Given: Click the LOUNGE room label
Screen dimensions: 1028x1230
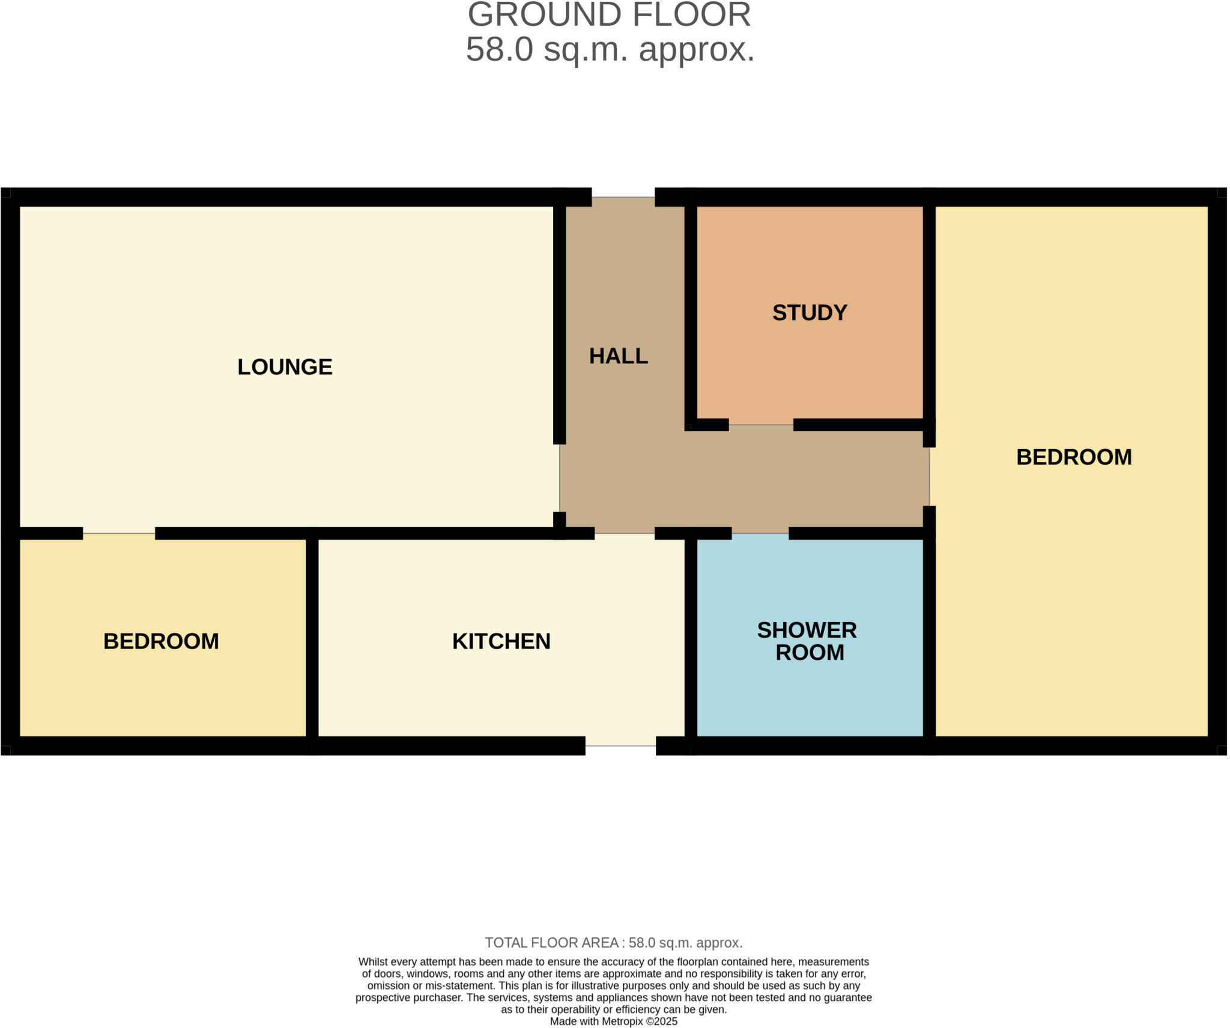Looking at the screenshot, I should [x=285, y=367].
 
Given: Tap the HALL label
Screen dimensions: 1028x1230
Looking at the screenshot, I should [x=618, y=356].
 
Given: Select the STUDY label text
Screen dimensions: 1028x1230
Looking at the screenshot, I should [x=809, y=313].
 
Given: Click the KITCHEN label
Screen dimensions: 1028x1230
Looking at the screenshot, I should [x=501, y=641].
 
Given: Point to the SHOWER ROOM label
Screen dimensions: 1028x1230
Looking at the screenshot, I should [x=807, y=641].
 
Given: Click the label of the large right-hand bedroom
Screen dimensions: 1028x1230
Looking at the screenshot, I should [x=1073, y=458].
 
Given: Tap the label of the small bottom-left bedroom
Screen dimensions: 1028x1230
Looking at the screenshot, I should [x=161, y=641].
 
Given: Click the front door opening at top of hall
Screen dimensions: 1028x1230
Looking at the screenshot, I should [x=623, y=198].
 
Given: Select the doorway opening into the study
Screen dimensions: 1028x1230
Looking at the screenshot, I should [x=760, y=425].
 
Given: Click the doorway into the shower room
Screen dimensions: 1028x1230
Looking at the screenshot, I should [x=760, y=533].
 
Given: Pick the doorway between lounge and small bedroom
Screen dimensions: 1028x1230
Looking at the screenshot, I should [x=119, y=533].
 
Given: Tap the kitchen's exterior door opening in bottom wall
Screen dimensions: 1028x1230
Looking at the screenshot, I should [x=620, y=745].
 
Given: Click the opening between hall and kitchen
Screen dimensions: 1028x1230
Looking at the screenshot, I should [x=624, y=533].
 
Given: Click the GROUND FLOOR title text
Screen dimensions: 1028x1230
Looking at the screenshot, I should [x=609, y=14].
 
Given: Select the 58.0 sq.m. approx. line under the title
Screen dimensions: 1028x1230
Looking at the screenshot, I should [x=610, y=49].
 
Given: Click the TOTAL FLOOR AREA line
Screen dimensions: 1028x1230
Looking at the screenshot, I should [x=613, y=943].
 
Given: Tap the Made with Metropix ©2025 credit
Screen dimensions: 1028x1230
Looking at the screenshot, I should [x=613, y=1021].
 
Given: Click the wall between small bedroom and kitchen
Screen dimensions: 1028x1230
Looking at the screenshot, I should [x=312, y=636].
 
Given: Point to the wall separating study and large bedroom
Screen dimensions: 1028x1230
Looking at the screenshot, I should [x=929, y=312].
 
